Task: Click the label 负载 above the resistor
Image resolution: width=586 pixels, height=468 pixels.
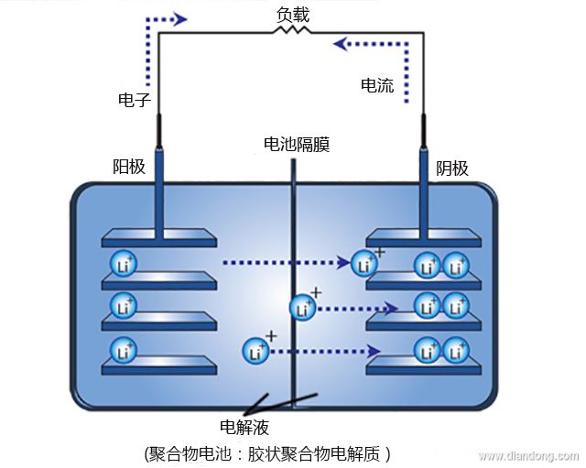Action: (293, 15)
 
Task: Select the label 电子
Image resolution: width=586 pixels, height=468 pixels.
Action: (134, 98)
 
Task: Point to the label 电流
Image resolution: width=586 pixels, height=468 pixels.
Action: (377, 86)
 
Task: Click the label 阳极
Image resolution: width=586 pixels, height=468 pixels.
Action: (128, 167)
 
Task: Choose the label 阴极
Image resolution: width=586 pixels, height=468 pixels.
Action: (451, 168)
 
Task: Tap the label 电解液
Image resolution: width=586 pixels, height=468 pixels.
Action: (244, 427)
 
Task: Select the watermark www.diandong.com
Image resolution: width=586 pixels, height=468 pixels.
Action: (527, 455)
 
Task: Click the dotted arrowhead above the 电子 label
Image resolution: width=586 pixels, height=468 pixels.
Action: (180, 18)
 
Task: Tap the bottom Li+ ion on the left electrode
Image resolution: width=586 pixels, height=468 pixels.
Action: (123, 350)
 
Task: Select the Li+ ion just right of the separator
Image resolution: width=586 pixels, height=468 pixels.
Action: (303, 308)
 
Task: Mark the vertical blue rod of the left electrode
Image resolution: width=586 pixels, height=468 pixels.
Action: (160, 191)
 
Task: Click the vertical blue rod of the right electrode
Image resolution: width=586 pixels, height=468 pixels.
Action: (425, 191)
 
